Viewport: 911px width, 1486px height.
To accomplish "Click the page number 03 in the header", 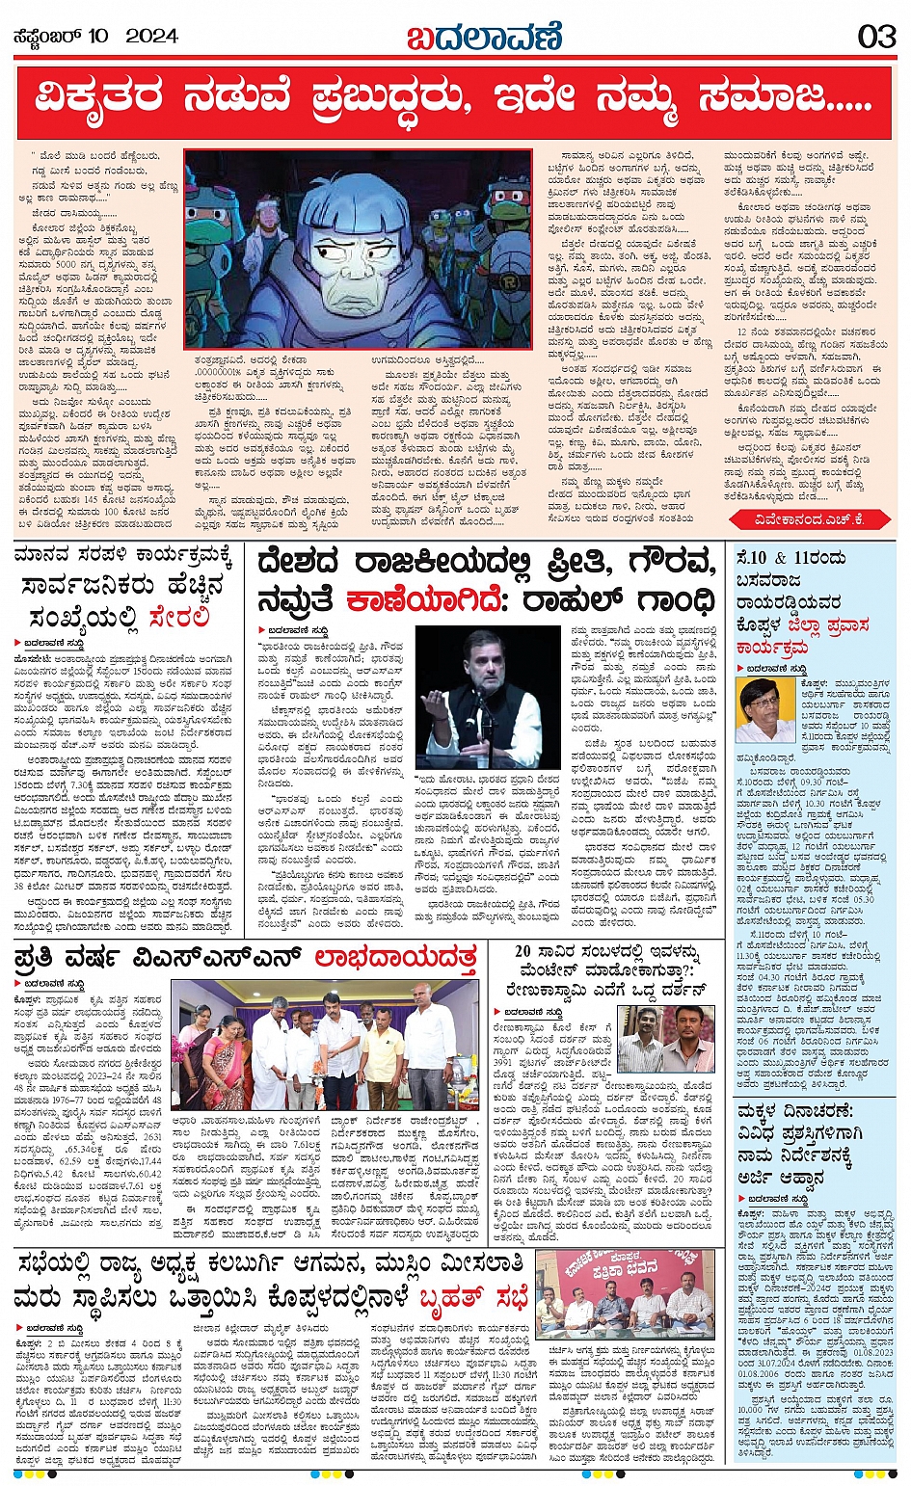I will coord(877,36).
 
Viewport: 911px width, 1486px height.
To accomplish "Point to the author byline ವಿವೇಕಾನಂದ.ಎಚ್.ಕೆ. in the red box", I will coord(812,519).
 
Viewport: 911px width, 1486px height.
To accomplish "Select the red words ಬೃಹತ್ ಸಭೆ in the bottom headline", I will coord(472,1298).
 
